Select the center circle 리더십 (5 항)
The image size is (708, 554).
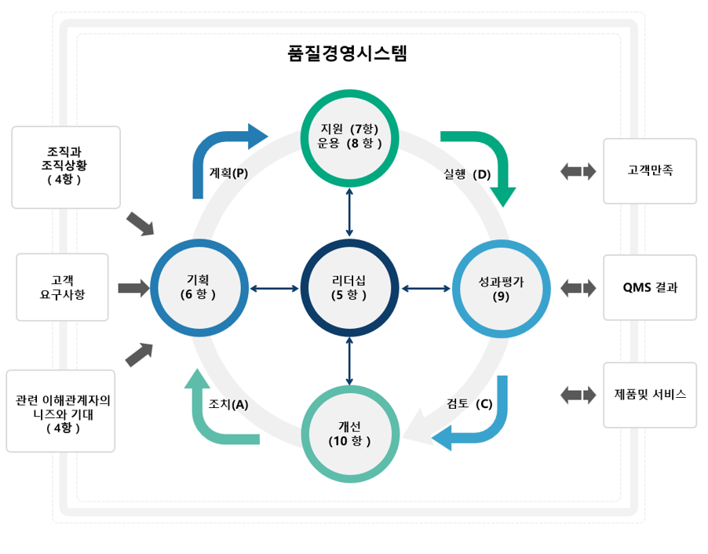[349, 288]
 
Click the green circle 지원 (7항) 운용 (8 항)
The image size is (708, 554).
[349, 136]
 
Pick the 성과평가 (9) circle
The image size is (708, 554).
[501, 288]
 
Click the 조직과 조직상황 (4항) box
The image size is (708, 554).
[67, 167]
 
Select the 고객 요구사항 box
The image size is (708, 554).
[62, 287]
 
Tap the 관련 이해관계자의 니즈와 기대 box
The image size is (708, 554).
[60, 410]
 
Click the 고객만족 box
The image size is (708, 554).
[649, 170]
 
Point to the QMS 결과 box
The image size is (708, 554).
[649, 287]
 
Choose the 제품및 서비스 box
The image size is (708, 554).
[649, 395]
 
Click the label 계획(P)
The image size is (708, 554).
[228, 173]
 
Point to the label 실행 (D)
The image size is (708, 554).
[467, 174]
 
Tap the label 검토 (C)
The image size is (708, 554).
[469, 404]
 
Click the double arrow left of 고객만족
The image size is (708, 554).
[578, 171]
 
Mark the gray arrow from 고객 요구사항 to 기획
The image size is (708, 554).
[133, 288]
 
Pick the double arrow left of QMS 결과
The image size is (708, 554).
[578, 287]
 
